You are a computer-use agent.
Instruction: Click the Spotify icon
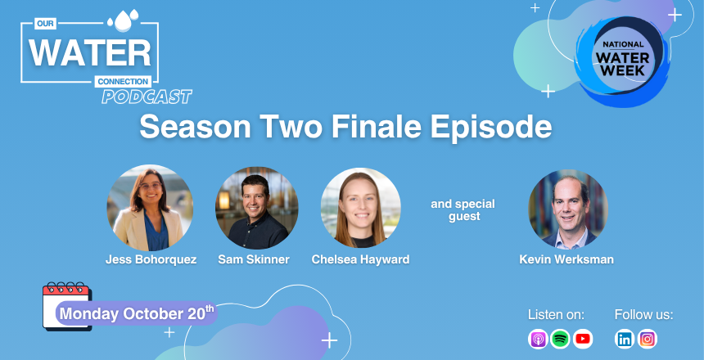(x=560, y=339)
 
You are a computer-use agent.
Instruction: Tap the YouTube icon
(x=582, y=339)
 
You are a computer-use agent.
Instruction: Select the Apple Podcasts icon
(x=538, y=339)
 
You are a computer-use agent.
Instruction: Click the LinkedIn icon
(x=625, y=339)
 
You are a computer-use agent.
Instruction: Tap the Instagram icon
(x=648, y=339)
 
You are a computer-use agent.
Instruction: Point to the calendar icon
(x=67, y=307)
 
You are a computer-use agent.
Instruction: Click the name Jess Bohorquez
(x=151, y=259)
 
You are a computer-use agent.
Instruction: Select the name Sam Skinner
(x=254, y=259)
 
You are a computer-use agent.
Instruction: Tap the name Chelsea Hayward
(x=360, y=259)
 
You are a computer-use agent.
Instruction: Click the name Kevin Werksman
(x=566, y=259)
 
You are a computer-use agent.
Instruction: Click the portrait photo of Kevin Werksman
(x=568, y=209)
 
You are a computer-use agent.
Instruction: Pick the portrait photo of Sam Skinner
(x=257, y=209)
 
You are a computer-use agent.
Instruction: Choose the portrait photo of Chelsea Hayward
(x=360, y=209)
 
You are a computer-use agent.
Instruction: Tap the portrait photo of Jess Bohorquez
(x=150, y=208)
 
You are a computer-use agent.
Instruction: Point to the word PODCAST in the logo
(x=147, y=97)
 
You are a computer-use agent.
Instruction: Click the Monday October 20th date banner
(x=137, y=313)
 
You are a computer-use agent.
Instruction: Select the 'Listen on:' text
(x=557, y=315)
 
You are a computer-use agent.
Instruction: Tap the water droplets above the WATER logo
(x=123, y=20)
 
